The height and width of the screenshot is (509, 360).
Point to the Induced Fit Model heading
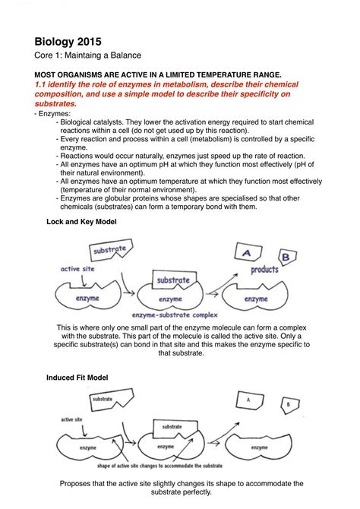coord(77,378)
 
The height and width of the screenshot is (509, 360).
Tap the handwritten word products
coord(264,270)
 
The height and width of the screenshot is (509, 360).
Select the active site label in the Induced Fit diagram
coord(71,419)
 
